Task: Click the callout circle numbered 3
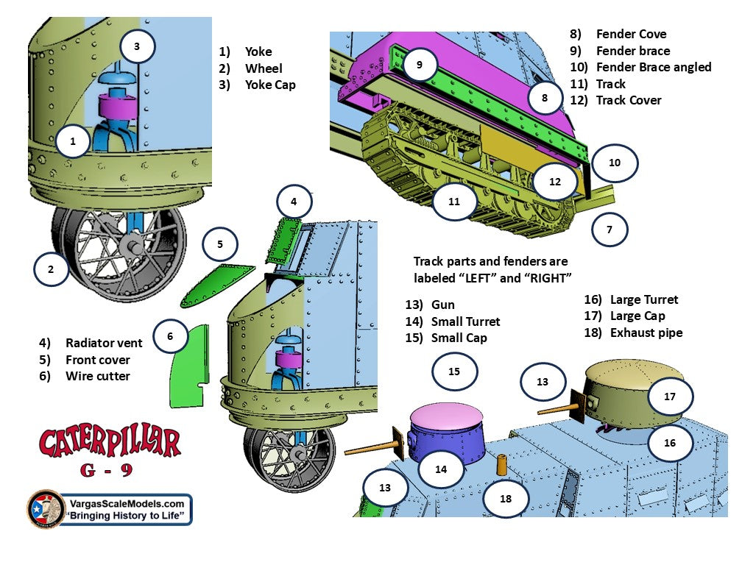pyautogui.click(x=137, y=46)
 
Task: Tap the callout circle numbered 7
pyautogui.click(x=609, y=230)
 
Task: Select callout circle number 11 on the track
pyautogui.click(x=453, y=201)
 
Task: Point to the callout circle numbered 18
pyautogui.click(x=506, y=498)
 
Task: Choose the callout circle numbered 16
pyautogui.click(x=670, y=443)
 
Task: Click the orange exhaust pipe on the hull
pyautogui.click(x=501, y=465)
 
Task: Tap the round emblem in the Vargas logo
pyautogui.click(x=46, y=508)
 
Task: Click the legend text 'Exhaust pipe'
pyautogui.click(x=646, y=333)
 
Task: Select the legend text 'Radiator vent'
pyautogui.click(x=104, y=344)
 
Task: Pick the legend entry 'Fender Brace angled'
pyautogui.click(x=653, y=67)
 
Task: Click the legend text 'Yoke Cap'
pyautogui.click(x=270, y=85)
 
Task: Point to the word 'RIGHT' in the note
pyautogui.click(x=548, y=277)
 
